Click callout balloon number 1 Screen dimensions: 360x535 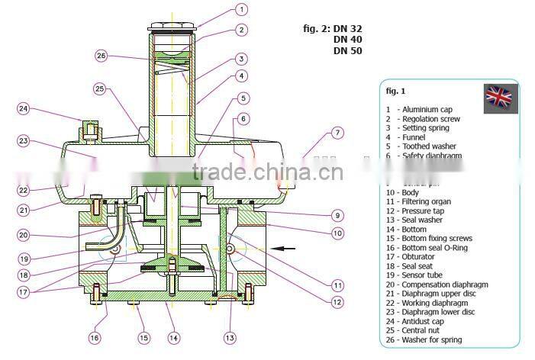point(241,10)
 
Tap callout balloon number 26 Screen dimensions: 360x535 point(102,55)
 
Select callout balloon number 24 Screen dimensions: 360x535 point(24,109)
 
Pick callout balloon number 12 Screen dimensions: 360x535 point(337,301)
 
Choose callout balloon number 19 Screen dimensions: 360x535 point(24,258)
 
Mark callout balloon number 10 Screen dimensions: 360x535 point(337,233)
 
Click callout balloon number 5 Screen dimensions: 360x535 point(242,98)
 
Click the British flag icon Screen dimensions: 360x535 point(501,96)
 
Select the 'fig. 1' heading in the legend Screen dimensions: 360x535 point(395,91)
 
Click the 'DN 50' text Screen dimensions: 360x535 point(347,51)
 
